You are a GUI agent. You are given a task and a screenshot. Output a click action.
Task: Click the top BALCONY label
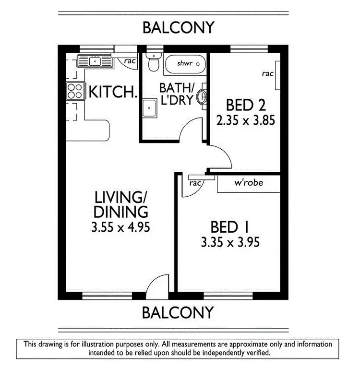click(178, 27)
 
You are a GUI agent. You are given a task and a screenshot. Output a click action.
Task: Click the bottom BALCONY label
click(178, 312)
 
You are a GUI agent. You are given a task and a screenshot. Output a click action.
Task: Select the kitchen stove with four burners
click(74, 91)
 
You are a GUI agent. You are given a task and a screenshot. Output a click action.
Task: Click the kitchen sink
click(95, 61)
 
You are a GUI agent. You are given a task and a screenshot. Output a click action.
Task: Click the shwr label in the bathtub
click(184, 63)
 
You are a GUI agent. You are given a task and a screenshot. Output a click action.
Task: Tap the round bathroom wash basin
click(204, 97)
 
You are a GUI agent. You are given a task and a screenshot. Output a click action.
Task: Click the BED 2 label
click(246, 105)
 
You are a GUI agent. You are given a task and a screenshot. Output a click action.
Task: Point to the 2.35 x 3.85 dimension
click(246, 120)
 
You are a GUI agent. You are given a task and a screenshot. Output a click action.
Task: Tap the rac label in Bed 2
click(267, 73)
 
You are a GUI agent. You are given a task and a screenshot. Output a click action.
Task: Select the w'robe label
click(247, 183)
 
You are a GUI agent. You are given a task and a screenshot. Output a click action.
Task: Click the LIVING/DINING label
click(120, 204)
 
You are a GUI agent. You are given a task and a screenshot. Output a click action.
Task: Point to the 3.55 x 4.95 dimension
click(120, 226)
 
